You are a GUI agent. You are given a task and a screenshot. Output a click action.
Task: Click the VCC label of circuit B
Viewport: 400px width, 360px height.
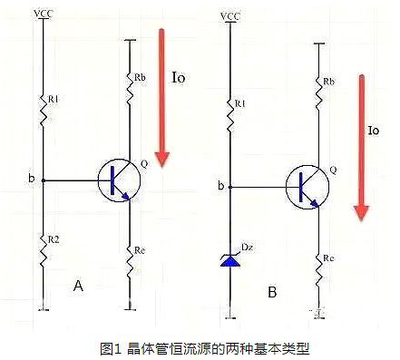230,15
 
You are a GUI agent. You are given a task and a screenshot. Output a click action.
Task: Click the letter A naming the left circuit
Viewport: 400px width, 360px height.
79,286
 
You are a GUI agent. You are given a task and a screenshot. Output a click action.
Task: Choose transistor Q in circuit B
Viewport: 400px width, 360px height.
307,187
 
